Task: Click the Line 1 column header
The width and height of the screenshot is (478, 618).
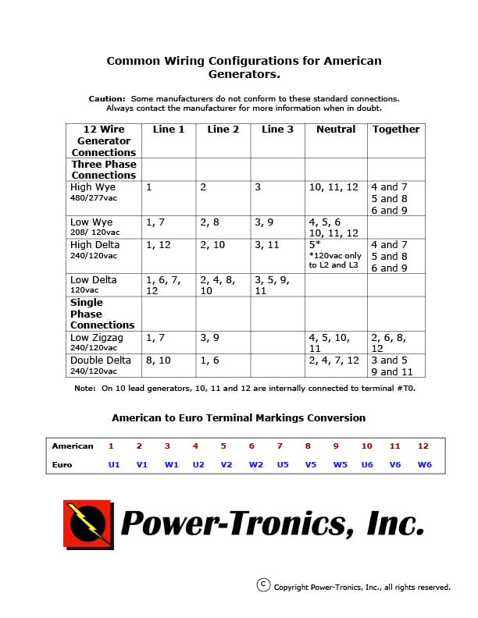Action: (169, 130)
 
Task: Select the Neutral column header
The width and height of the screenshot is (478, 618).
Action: (336, 130)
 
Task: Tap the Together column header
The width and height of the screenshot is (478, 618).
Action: (396, 130)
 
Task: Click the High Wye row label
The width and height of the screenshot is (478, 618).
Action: (93, 187)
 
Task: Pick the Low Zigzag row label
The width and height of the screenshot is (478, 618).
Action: (97, 338)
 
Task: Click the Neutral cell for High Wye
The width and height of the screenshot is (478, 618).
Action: (334, 187)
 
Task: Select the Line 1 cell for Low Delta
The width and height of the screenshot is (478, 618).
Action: (163, 285)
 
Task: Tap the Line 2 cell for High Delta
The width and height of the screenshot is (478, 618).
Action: (212, 245)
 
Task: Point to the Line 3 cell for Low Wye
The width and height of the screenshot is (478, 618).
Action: (266, 222)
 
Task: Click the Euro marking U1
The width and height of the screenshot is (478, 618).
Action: (114, 465)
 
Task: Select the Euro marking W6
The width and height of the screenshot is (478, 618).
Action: (424, 465)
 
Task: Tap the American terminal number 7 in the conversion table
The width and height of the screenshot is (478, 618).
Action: (280, 446)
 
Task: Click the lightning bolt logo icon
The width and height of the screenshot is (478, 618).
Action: (87, 523)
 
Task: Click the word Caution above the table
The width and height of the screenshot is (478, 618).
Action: (106, 99)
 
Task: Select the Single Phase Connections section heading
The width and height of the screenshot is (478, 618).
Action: (102, 314)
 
